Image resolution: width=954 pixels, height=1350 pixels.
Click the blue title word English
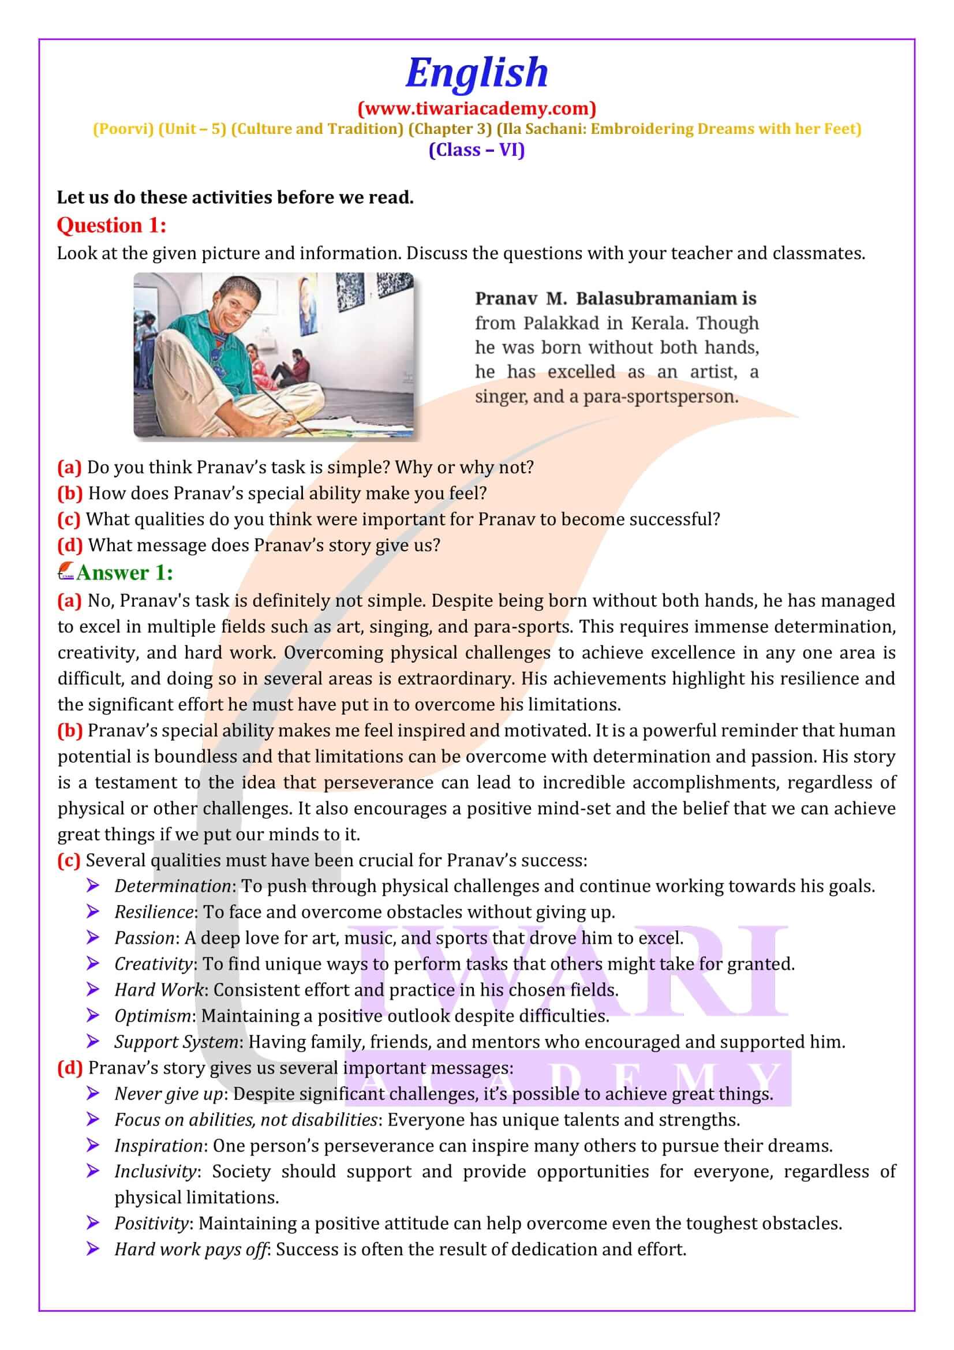click(476, 73)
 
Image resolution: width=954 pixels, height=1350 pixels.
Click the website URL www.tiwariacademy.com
click(477, 108)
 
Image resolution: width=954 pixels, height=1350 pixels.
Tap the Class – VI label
click(477, 150)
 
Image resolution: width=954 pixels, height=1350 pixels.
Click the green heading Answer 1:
click(124, 573)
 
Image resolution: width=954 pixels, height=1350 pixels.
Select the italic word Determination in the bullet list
click(172, 886)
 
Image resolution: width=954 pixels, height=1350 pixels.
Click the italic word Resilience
click(154, 912)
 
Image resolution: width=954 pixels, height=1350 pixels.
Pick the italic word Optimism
click(152, 1015)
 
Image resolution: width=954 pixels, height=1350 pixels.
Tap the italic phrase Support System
click(176, 1042)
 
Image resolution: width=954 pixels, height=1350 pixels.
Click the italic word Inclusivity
click(155, 1171)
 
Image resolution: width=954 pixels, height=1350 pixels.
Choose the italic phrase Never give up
click(169, 1094)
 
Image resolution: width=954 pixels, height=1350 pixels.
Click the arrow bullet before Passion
click(93, 938)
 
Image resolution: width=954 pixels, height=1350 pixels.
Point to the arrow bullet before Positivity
click(93, 1223)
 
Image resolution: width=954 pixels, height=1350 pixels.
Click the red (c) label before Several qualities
click(69, 860)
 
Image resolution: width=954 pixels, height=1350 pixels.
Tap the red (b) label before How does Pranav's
click(70, 493)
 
